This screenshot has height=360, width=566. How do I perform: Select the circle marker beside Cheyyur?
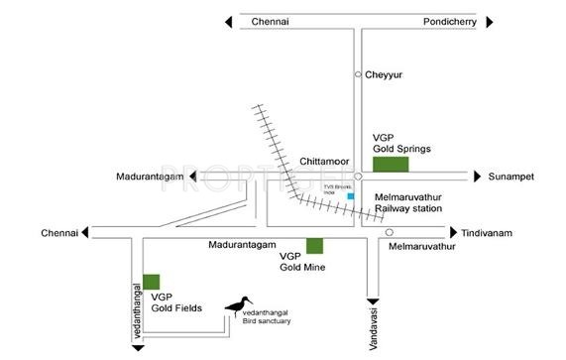coord(359,74)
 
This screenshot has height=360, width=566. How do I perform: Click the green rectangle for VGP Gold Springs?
coord(391,165)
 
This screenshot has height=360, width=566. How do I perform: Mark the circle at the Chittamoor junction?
coord(359,177)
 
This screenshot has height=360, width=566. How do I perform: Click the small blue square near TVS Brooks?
coord(349,197)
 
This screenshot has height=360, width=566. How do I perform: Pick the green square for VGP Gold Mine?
coord(314,246)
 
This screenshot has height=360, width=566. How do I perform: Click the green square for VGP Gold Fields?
coord(152,282)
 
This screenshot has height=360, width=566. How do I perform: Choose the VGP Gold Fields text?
coord(176,301)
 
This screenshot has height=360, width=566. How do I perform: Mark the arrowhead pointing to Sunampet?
coord(475,177)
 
